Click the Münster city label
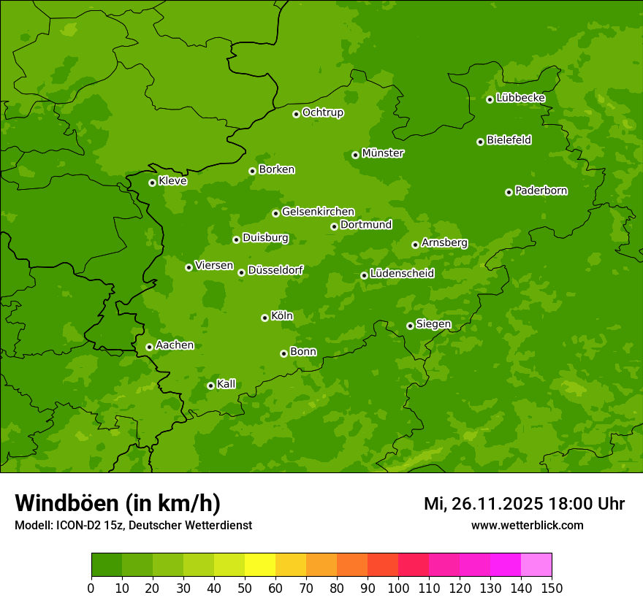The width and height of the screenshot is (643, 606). click(x=382, y=153)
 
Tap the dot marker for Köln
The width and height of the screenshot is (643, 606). click(x=265, y=318)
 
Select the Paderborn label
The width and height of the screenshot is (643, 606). click(x=541, y=191)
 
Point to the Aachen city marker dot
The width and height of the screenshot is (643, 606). click(x=149, y=347)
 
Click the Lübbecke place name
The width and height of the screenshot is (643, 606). click(x=520, y=98)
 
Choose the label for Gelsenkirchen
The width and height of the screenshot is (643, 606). click(x=318, y=212)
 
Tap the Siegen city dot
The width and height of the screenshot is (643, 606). click(x=410, y=326)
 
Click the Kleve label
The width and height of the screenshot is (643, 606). click(x=172, y=181)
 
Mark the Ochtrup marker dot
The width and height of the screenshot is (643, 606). click(x=296, y=114)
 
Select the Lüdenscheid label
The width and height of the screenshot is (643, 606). click(x=402, y=274)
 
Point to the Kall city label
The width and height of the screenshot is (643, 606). click(x=226, y=384)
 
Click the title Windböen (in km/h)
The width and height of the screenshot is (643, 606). click(x=118, y=503)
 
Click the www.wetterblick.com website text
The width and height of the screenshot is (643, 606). click(x=527, y=525)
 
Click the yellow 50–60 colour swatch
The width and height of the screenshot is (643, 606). click(x=260, y=565)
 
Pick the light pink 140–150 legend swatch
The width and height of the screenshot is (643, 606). click(x=536, y=565)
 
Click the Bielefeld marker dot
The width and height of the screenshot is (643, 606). click(x=480, y=142)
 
